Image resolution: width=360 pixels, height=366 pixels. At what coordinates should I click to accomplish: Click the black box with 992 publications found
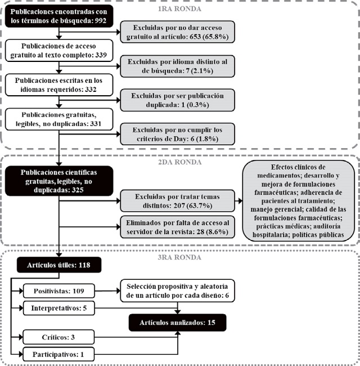pyautogui.click(x=58, y=16)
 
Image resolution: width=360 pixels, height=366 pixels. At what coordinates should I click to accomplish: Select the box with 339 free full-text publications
pyautogui.click(x=58, y=52)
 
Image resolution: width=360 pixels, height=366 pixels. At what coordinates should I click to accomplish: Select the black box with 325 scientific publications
pyautogui.click(x=58, y=181)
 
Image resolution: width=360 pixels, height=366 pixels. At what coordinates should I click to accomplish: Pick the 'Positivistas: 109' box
pyautogui.click(x=58, y=292)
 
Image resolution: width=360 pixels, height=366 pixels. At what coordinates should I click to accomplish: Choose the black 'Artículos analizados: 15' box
pyautogui.click(x=178, y=323)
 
